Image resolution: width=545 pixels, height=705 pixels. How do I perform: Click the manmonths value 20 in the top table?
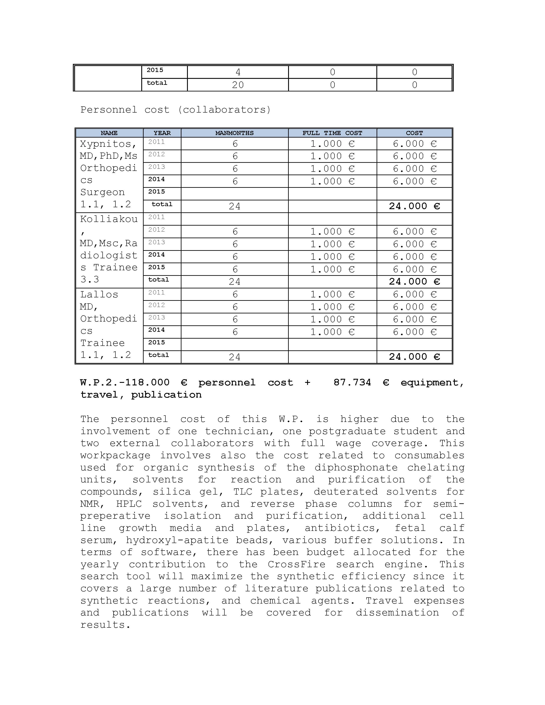coord(238,85)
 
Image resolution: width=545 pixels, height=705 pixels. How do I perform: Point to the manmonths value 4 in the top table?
coord(238,72)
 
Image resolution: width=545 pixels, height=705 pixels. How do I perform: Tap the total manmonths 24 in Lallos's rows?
coord(234,357)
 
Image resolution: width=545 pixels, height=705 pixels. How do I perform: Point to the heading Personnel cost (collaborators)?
coord(176,110)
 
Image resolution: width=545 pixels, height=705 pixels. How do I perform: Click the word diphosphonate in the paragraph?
coord(356,468)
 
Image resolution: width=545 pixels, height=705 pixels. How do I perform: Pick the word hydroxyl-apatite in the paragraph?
coord(177,540)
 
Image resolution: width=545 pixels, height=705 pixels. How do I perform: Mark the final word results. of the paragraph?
coord(105,625)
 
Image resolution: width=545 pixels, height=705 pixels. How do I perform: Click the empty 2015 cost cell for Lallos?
coord(414,344)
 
